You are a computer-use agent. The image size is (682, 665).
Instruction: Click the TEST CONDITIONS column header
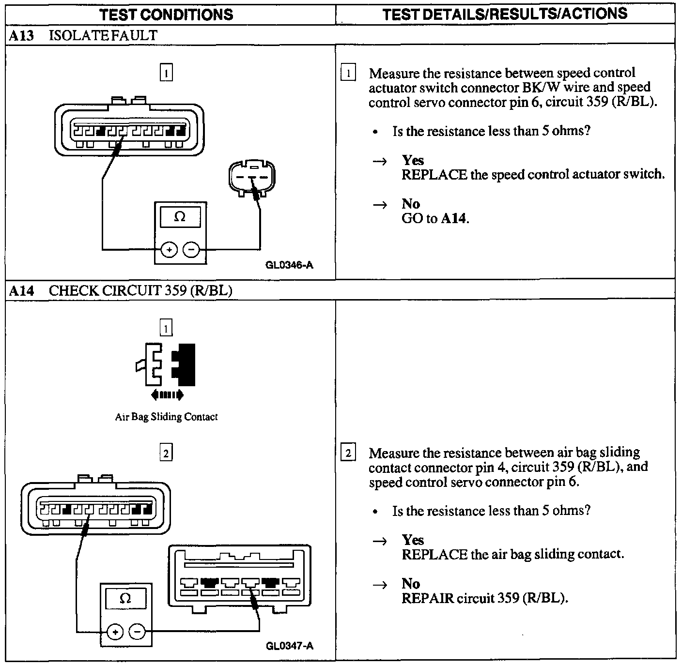(x=166, y=14)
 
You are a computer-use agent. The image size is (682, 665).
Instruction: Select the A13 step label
(x=22, y=35)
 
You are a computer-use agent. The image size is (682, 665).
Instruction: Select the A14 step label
(x=22, y=290)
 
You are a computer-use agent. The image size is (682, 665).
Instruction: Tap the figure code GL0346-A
(x=289, y=265)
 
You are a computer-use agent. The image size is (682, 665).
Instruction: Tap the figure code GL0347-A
(x=289, y=646)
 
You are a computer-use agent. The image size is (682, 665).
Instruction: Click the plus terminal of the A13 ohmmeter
(x=169, y=250)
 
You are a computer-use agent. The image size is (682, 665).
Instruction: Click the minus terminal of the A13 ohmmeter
(x=192, y=250)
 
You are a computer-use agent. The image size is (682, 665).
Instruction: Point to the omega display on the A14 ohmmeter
(x=125, y=598)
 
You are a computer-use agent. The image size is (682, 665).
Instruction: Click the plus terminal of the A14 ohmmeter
(x=115, y=632)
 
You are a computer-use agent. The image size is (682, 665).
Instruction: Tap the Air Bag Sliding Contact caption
(x=166, y=417)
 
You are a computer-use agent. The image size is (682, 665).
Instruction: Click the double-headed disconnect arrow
(x=167, y=395)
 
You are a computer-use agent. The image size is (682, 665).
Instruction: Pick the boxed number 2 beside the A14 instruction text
(x=348, y=453)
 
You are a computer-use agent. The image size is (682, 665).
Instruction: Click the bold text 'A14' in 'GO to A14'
(x=454, y=219)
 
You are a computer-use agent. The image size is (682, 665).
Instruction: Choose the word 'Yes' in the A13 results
(x=413, y=160)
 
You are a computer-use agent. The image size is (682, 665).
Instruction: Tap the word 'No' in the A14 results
(x=411, y=584)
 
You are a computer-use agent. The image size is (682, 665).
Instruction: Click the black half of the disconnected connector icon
(x=184, y=364)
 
